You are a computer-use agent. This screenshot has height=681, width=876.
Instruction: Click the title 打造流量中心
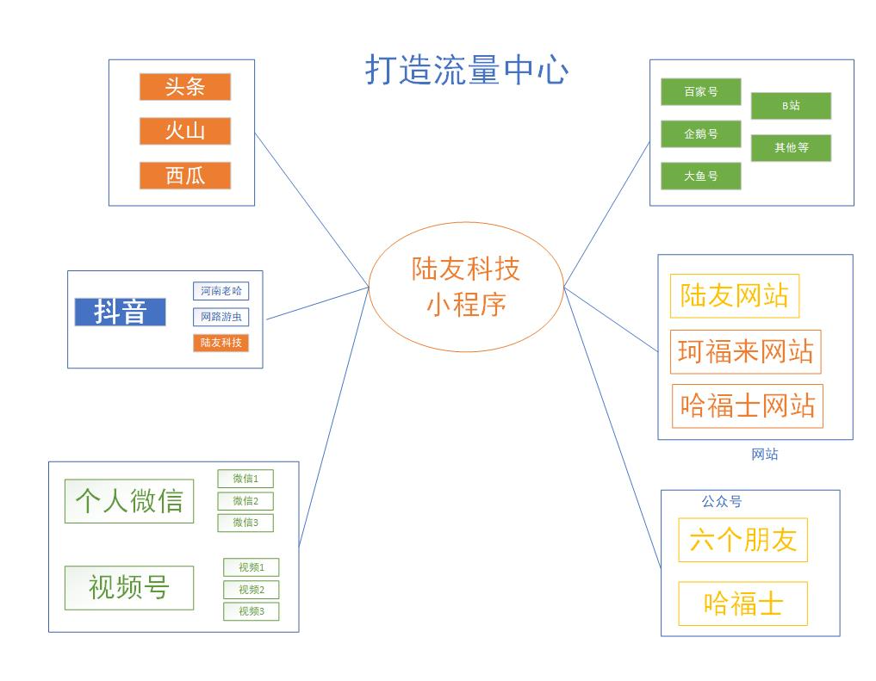pos(466,71)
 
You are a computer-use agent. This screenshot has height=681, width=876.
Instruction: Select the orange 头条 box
pos(185,87)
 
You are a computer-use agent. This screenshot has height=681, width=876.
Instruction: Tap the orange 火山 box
pos(185,131)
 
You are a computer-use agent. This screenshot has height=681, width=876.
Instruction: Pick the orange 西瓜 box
pos(185,176)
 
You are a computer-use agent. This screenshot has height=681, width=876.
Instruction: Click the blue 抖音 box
pos(120,312)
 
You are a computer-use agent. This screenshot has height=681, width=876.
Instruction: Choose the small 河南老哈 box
pos(221,291)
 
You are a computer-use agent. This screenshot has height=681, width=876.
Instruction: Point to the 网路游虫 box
pos(221,317)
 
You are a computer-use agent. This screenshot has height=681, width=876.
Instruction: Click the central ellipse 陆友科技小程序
pos(466,287)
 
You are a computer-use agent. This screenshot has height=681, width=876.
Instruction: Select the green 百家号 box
pos(700,91)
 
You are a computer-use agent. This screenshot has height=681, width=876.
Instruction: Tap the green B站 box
pos(791,106)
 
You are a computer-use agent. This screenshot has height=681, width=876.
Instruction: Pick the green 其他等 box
pos(791,148)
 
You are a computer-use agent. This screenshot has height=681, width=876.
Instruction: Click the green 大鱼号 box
pos(700,176)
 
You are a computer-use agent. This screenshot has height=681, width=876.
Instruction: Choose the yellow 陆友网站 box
pos(734,296)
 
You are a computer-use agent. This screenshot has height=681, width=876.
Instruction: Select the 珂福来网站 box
pos(745,351)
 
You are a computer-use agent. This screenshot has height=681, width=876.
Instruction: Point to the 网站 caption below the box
pos(765,454)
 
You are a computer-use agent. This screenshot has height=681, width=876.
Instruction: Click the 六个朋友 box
pos(742,540)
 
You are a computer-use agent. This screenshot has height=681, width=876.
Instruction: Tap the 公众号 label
pos(721,501)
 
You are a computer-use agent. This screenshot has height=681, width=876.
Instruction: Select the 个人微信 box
pos(129,501)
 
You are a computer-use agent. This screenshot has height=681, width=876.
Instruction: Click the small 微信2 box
pos(245,501)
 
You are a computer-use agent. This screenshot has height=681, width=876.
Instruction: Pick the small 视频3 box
pos(251,611)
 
